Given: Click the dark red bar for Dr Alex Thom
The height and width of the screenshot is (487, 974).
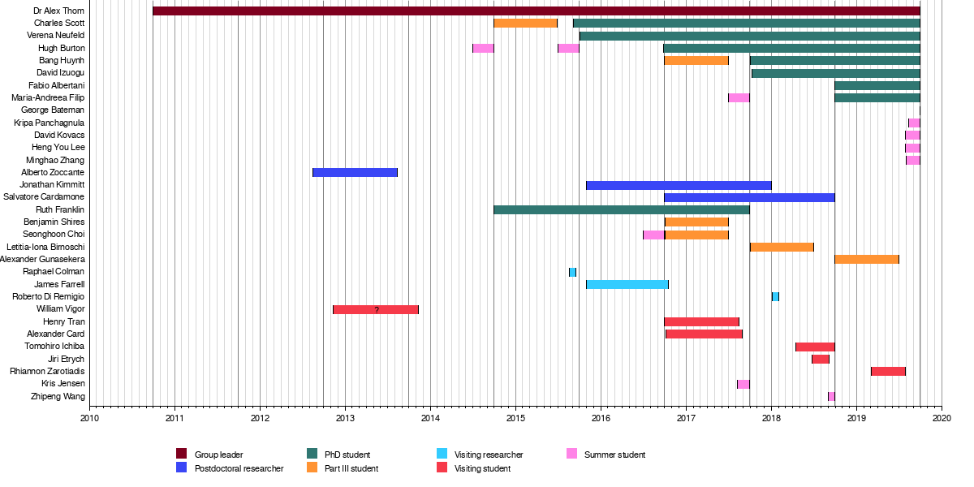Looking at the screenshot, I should (x=536, y=11).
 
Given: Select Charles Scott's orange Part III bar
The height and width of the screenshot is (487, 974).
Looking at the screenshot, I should (x=525, y=23).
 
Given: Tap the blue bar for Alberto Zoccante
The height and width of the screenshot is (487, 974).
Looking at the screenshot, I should (x=355, y=172).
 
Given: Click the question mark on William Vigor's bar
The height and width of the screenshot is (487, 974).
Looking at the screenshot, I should (x=377, y=309).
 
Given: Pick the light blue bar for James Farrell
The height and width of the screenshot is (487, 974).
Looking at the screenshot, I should (x=627, y=284).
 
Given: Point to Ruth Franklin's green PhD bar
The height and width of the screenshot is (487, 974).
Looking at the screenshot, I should (x=621, y=209).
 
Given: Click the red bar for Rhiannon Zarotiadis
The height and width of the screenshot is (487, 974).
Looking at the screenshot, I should (x=888, y=371).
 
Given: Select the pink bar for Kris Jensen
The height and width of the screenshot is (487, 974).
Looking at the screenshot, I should (x=743, y=384).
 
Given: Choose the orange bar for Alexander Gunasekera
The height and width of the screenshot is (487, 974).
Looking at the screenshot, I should (x=866, y=259).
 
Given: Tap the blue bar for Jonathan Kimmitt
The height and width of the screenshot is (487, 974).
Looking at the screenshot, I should (x=679, y=185).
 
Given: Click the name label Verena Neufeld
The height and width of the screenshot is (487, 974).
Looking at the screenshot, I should (x=56, y=36).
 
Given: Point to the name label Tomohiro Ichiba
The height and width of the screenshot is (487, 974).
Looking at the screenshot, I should (x=55, y=347).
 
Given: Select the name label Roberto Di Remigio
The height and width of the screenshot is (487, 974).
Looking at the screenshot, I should (x=48, y=297).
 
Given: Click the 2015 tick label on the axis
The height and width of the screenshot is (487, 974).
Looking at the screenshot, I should (x=515, y=418).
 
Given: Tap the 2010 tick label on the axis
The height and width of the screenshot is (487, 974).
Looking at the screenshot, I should (x=89, y=418).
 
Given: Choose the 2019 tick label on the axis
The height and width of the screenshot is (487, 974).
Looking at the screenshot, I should (x=856, y=418).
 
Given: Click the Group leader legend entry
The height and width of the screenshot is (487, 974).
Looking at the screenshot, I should (x=218, y=455).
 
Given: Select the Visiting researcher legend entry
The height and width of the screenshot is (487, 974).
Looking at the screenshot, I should (x=489, y=455).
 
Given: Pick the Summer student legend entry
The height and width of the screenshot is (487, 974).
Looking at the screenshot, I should (x=613, y=455).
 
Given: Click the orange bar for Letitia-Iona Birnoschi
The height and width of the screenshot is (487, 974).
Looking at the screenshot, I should (x=782, y=247).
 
